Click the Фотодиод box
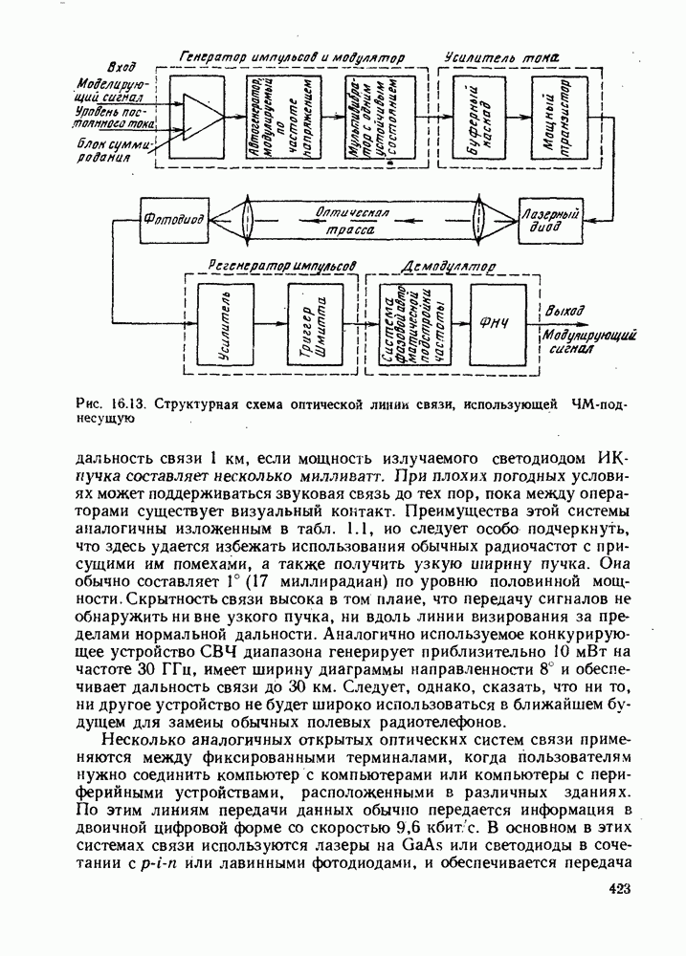(x=173, y=220)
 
